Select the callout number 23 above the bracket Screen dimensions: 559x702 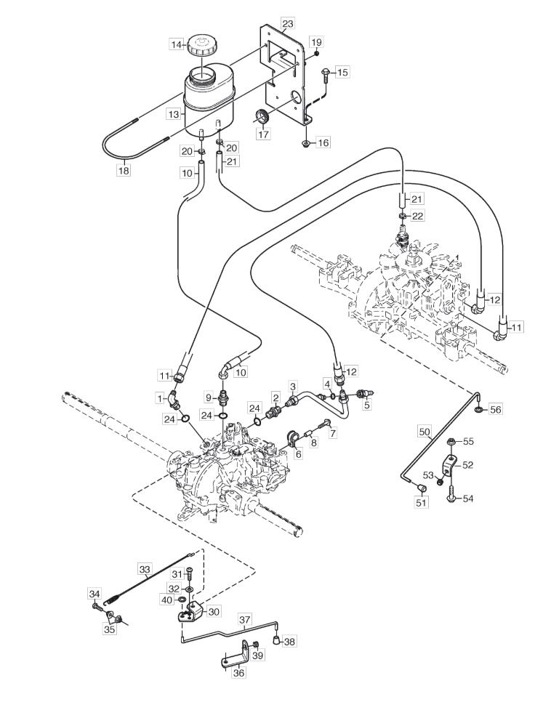[288, 23]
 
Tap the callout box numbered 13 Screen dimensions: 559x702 [173, 114]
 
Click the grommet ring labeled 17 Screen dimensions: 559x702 [262, 116]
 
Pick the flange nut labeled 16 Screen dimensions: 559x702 [306, 143]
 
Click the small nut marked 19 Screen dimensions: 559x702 [316, 54]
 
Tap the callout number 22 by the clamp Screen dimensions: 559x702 [417, 216]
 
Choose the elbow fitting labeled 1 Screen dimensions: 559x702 [174, 400]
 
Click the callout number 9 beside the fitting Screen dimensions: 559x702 [209, 397]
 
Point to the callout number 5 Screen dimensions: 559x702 [367, 406]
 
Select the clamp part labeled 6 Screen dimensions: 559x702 [292, 439]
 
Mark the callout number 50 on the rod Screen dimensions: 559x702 [425, 432]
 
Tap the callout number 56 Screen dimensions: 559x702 [496, 409]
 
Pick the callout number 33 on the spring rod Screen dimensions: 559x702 [145, 570]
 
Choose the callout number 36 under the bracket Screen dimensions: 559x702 [240, 673]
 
